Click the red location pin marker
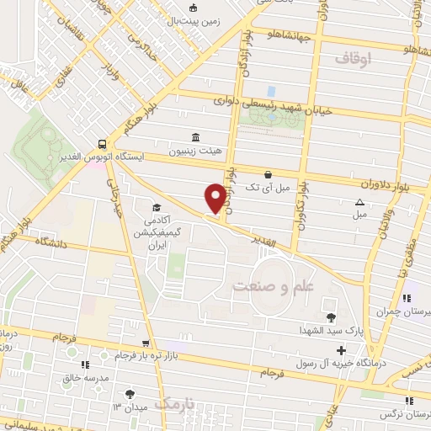pyautogui.click(x=215, y=198)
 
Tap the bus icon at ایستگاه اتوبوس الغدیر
pyautogui.click(x=101, y=143)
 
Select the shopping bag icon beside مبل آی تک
pyautogui.click(x=268, y=174)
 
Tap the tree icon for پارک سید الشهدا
pyautogui.click(x=329, y=317)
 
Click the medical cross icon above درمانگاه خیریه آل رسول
pyautogui.click(x=341, y=350)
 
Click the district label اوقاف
pyautogui.click(x=353, y=58)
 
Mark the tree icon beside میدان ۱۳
pyautogui.click(x=129, y=394)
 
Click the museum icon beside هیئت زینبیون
pyautogui.click(x=195, y=137)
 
